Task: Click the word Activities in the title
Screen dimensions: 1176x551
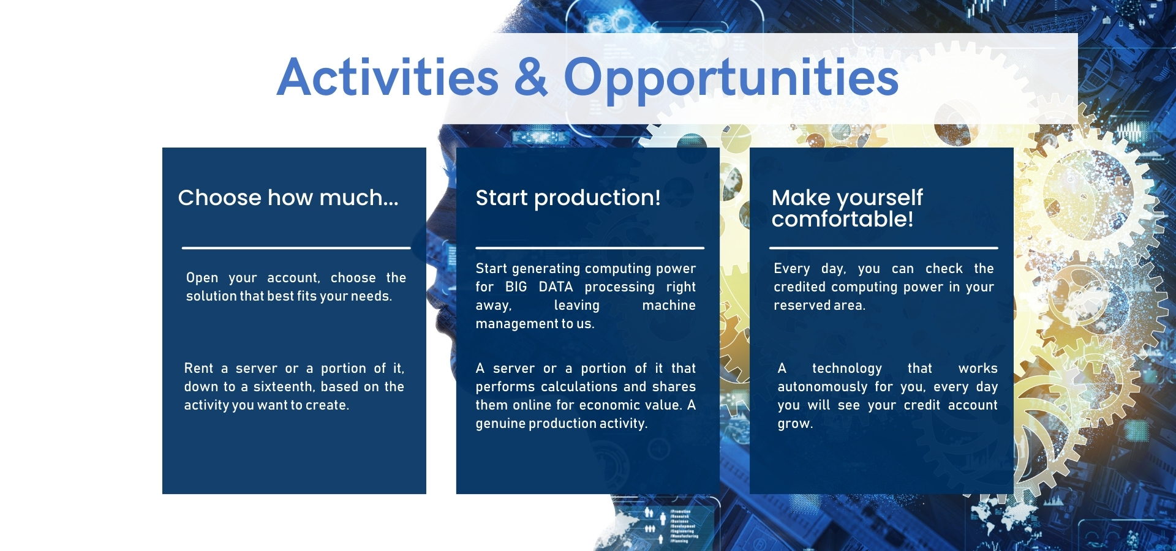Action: [x=388, y=77]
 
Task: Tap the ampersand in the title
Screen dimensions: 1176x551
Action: [x=531, y=77]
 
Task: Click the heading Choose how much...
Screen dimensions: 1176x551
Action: [x=288, y=198]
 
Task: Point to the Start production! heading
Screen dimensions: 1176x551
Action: [x=568, y=198]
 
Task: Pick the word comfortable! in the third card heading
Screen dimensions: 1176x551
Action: [x=842, y=219]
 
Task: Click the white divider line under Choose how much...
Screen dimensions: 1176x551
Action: [x=296, y=248]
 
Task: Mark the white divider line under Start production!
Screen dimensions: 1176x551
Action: [x=590, y=248]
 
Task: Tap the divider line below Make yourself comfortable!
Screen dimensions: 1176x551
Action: [x=883, y=248]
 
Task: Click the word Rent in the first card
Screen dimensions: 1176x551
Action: [x=198, y=368]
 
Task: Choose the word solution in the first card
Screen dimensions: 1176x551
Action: [x=211, y=296]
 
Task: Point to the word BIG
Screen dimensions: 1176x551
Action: [x=516, y=287]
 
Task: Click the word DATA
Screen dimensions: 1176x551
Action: [x=556, y=287]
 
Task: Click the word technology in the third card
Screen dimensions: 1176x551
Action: [x=847, y=369]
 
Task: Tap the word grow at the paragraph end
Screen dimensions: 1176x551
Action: [x=794, y=424]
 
